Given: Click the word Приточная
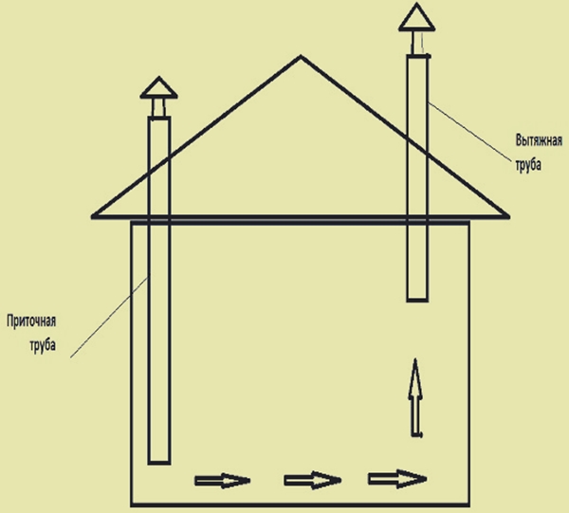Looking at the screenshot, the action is coord(31,321).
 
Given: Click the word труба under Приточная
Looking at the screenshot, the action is coord(43,344).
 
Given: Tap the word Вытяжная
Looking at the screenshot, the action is coord(539,140).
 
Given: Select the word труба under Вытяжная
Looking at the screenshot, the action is coord(528,164).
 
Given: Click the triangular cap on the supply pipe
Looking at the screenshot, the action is coord(158,87).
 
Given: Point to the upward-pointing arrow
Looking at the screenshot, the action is coord(416,397).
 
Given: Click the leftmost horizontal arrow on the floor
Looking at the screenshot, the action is coord(223,481).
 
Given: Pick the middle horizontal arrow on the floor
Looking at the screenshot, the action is coord(312,481).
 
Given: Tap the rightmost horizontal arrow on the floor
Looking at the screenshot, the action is coord(397,479).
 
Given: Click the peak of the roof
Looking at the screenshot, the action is coord(301,56).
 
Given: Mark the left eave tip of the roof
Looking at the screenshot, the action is coord(92,217).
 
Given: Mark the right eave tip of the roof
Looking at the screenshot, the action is coord(508,217).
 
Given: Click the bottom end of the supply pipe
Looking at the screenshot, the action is coord(159,463).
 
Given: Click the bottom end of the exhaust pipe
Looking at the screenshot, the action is coord(417,301).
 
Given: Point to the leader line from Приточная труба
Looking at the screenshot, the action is coord(109,317).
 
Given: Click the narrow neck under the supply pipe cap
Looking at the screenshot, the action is coord(158,107).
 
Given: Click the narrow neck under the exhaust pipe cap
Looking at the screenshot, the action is coord(417,43).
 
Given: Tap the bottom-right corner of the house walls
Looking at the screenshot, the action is coord(468,504).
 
